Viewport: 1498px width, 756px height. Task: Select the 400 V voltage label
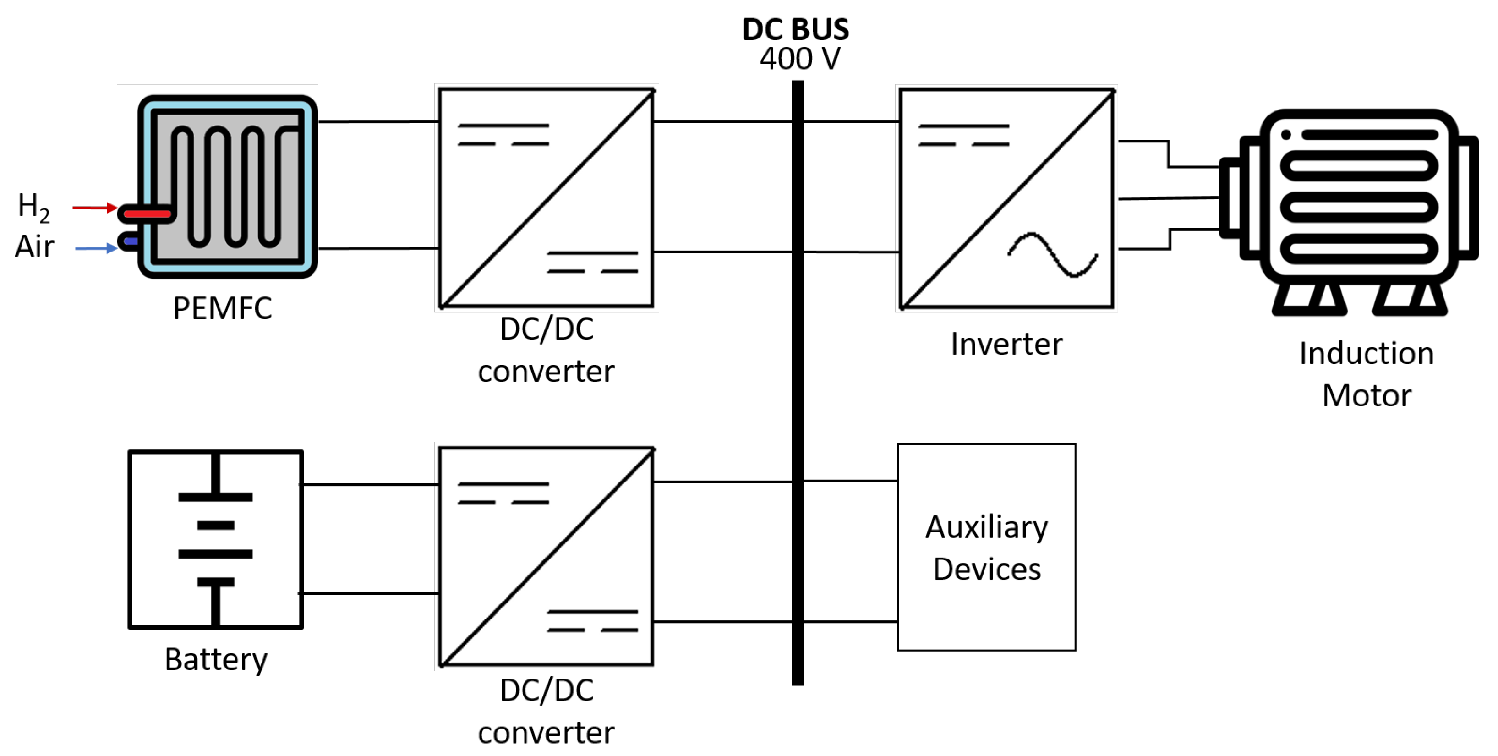(799, 59)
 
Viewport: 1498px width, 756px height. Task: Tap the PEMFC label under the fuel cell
(222, 308)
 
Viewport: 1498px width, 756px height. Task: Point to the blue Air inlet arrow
(96, 248)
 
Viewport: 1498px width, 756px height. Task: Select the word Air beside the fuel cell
(34, 247)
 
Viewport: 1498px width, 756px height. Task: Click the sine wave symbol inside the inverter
(1053, 255)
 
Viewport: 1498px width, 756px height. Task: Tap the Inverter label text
(1006, 344)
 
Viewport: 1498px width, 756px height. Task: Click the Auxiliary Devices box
(986, 547)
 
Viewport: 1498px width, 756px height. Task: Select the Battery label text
(216, 659)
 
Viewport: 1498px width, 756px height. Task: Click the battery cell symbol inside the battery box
(215, 539)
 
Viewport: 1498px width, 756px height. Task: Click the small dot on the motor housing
(1286, 135)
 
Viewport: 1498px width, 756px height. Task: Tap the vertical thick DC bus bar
(798, 378)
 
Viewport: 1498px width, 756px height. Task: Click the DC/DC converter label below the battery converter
(546, 711)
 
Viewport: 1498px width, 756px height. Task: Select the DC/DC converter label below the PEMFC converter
(546, 350)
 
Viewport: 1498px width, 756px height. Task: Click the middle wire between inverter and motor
(1169, 198)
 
